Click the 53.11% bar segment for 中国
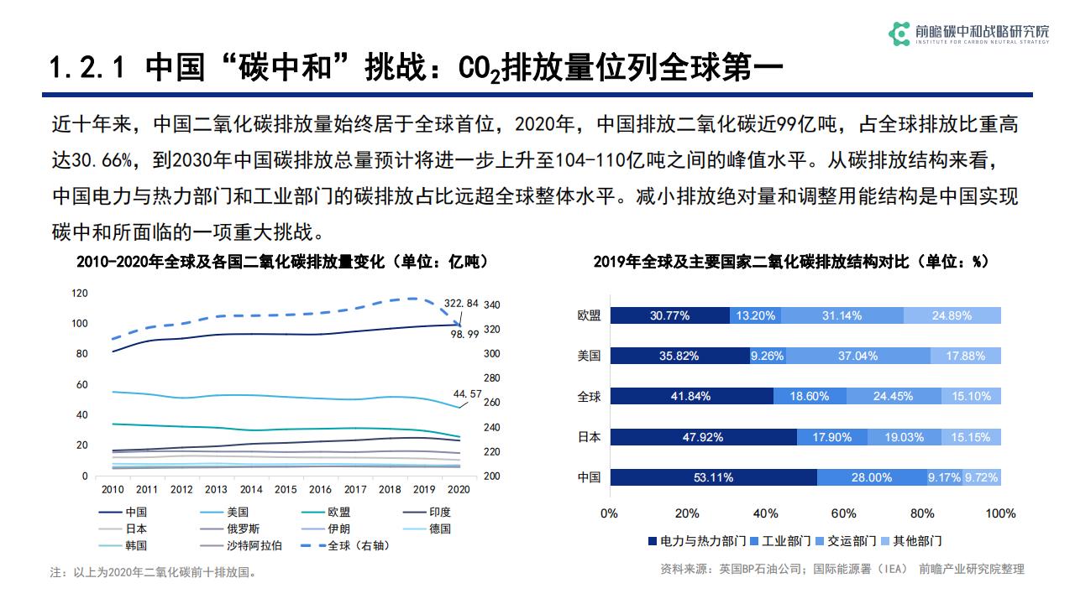pyautogui.click(x=713, y=477)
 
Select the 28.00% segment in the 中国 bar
pyautogui.click(x=871, y=477)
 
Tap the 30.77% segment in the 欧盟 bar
pyautogui.click(x=669, y=315)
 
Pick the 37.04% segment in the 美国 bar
pyautogui.click(x=857, y=356)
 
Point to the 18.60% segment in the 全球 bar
pyautogui.click(x=810, y=397)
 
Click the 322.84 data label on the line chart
pyautogui.click(x=461, y=303)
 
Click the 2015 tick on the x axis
pyautogui.click(x=286, y=489)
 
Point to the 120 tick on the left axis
pyautogui.click(x=80, y=293)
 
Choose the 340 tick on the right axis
pyautogui.click(x=492, y=305)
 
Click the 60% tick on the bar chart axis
pyautogui.click(x=844, y=513)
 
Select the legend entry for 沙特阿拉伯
pyautogui.click(x=254, y=545)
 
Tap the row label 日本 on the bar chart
pyautogui.click(x=589, y=437)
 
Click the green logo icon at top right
pyautogui.click(x=899, y=33)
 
